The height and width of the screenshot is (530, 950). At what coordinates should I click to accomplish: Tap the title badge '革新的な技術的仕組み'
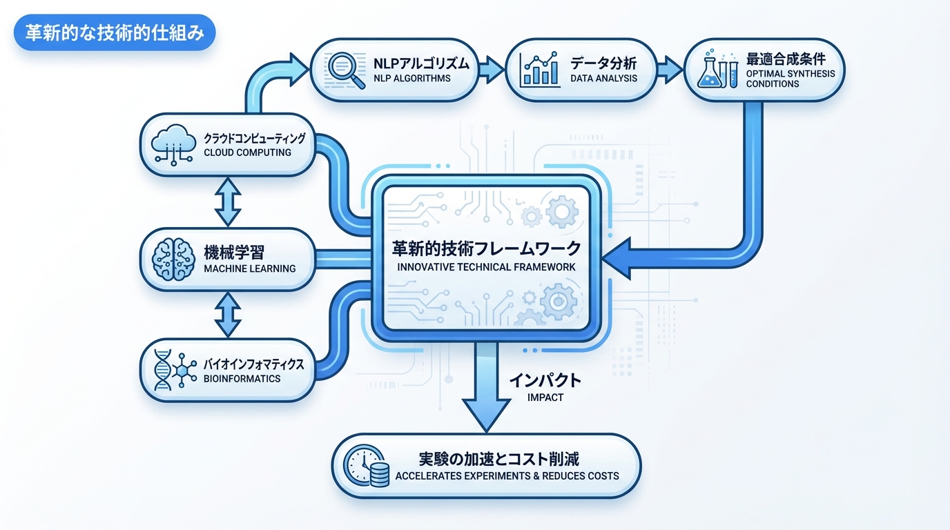115,34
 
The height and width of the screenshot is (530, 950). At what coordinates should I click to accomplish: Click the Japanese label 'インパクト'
545,380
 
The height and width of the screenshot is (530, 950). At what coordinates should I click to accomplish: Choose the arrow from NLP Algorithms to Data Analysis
492,68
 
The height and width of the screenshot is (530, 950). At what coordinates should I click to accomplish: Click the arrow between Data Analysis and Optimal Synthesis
668,68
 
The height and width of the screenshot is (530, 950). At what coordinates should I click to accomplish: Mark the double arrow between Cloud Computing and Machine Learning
227,202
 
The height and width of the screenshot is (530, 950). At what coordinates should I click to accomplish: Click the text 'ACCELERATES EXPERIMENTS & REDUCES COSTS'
507,475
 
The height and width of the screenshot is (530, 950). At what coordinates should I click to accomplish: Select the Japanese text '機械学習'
239,251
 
